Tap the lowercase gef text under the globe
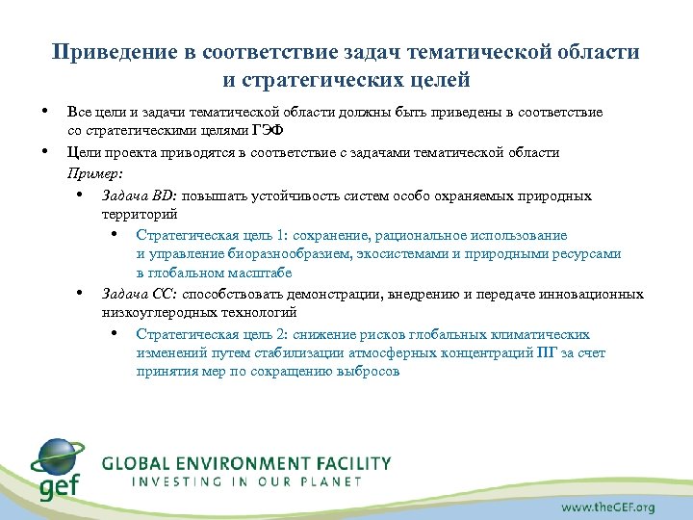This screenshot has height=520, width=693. (x=57, y=488)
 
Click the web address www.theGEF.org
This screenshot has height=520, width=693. (x=608, y=507)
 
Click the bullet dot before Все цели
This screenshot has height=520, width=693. (x=45, y=111)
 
